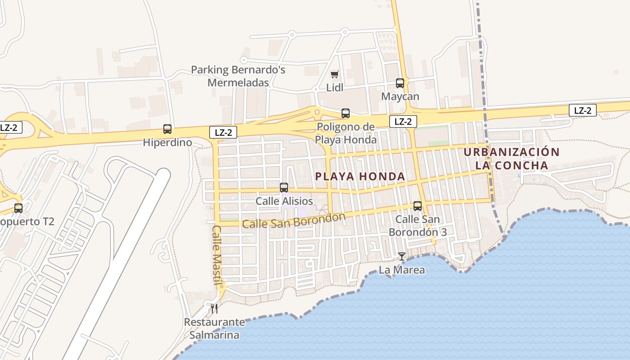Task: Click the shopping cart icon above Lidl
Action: coord(334,75)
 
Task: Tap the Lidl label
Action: coord(335,88)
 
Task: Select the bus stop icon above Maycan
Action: coord(400,83)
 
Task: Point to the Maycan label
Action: coord(400,97)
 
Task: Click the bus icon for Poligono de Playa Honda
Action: coord(346,113)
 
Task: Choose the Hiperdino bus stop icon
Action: coord(167,129)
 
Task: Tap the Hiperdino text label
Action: coord(167,143)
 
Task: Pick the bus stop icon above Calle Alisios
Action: coord(284,188)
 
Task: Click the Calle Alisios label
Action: coord(284,201)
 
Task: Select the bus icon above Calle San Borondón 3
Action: coord(418,206)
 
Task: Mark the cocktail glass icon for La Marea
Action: coord(402,256)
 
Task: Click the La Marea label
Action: coord(402,270)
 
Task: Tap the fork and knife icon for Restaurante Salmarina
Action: coord(214,308)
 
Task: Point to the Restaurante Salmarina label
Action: coord(214,328)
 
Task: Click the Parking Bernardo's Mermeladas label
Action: coord(238,76)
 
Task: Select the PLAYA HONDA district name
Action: coord(360,176)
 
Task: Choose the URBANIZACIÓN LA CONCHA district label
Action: coord(512,158)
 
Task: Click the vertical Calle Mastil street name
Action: coord(217,256)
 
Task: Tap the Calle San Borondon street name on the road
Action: coord(293,220)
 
